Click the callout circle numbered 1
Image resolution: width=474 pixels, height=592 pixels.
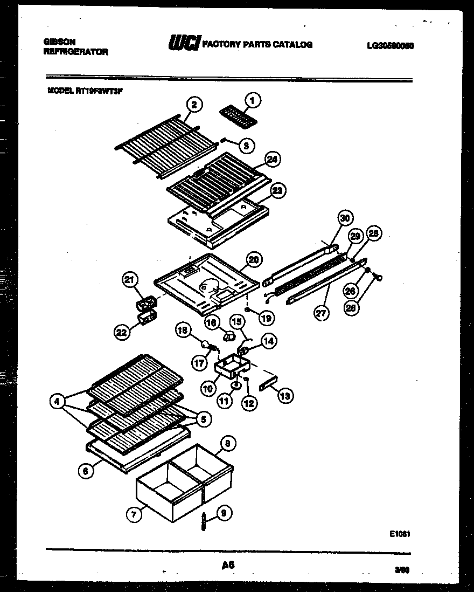253,100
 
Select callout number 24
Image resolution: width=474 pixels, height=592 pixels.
273,160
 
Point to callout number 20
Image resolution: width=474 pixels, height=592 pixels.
253,259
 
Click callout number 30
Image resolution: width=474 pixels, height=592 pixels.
345,218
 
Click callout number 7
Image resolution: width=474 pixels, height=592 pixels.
133,515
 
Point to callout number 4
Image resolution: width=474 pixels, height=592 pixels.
57,401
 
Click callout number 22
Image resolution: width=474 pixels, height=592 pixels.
123,333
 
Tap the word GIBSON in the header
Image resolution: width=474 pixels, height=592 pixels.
59,42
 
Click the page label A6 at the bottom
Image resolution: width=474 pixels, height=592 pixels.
228,565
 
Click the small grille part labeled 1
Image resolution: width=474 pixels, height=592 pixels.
238,117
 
